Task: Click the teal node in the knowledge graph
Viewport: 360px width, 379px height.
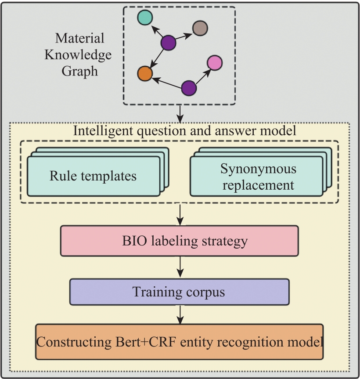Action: [x=145, y=18]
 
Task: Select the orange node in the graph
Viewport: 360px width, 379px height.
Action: [x=145, y=73]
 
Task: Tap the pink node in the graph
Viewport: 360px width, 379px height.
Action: [x=215, y=63]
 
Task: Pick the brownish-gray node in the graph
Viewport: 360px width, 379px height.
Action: [x=200, y=28]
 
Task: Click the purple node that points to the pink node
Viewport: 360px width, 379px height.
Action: [x=189, y=88]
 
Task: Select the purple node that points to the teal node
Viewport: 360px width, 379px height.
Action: [x=168, y=43]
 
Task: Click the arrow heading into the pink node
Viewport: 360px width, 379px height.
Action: [x=203, y=77]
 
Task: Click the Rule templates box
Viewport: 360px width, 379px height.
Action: [x=94, y=176]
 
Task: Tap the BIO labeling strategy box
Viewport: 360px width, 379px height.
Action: [x=179, y=241]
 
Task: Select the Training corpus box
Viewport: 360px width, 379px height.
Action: [x=179, y=292]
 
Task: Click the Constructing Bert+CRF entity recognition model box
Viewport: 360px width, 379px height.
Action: [x=179, y=342]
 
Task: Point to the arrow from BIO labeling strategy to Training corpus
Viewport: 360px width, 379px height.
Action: [x=180, y=267]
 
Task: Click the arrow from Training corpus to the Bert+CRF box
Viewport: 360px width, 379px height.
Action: [x=180, y=314]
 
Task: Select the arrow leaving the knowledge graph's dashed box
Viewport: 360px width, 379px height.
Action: [x=180, y=114]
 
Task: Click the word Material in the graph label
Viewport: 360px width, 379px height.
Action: [x=80, y=38]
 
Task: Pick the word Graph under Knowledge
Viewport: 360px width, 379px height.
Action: [x=80, y=71]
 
